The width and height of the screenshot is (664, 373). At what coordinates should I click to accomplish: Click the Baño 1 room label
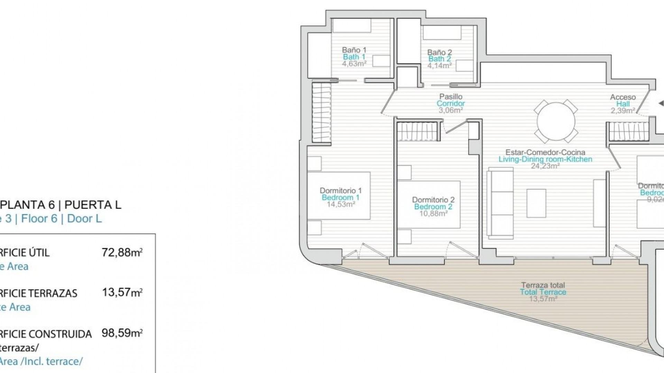tap(354, 50)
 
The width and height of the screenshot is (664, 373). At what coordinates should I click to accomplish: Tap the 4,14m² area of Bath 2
tap(439, 66)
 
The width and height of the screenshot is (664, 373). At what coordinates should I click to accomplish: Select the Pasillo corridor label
tap(451, 97)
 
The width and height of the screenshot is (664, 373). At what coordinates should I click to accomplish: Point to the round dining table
tap(556, 121)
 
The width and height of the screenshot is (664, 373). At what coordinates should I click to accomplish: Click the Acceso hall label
tap(622, 97)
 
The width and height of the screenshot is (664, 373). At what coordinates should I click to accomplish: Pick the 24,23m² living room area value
tap(545, 166)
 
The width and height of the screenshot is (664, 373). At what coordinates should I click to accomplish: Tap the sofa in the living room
tap(500, 203)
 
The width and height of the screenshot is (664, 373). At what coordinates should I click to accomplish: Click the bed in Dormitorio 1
tap(339, 195)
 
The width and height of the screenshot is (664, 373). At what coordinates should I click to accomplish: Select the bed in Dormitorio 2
tap(429, 204)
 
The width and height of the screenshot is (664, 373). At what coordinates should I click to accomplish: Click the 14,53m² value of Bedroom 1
tap(341, 204)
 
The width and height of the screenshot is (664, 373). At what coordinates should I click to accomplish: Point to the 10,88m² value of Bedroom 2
tap(433, 214)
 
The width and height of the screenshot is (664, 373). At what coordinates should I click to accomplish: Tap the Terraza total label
tap(543, 285)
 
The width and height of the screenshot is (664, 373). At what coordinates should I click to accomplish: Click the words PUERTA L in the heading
tap(93, 205)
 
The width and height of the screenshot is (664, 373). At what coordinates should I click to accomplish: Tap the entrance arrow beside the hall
tap(661, 103)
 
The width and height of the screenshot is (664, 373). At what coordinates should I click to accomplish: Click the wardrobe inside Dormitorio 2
tap(418, 132)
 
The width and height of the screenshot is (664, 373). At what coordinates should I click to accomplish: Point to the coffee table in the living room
tap(536, 203)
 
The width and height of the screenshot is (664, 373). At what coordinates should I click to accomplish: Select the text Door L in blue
tap(84, 219)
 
